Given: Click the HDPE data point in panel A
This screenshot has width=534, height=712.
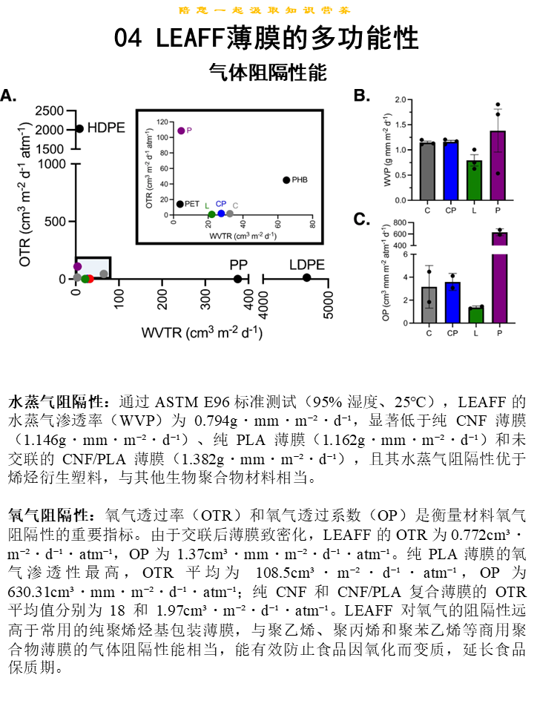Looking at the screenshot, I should (x=79, y=128).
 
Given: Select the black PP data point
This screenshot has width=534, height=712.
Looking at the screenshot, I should (x=237, y=279).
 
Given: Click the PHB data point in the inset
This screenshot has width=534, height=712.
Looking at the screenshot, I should (x=286, y=179).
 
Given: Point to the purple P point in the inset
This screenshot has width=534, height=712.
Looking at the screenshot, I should (x=181, y=131).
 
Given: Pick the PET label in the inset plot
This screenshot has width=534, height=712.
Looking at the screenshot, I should (x=192, y=203).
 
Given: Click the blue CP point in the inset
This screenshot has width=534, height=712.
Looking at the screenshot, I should (x=221, y=214).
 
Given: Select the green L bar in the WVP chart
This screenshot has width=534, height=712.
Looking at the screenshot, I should (x=475, y=180).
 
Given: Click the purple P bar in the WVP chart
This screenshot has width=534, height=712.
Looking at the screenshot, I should (x=498, y=165).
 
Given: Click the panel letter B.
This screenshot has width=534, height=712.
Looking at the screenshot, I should (x=361, y=96).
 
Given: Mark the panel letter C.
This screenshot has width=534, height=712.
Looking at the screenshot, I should (x=361, y=219).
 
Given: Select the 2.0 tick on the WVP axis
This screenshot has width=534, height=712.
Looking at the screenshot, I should (x=401, y=99).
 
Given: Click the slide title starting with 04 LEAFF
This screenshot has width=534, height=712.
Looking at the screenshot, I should (x=266, y=38).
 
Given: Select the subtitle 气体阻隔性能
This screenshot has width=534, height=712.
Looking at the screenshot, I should (x=267, y=72).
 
